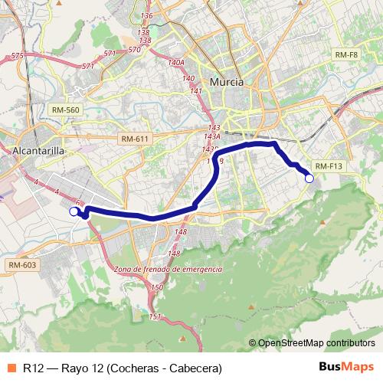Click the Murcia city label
pyautogui.click(x=226, y=81)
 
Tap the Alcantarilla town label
pyautogui.click(x=38, y=152)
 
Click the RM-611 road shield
pyautogui.click(x=136, y=139)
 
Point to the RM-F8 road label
pyautogui.click(x=346, y=55)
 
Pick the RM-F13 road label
pyautogui.click(x=329, y=166)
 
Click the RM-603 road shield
pyautogui.click(x=21, y=264)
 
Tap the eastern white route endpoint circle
pyautogui.click(x=309, y=178)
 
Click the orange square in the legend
pyautogui.click(x=10, y=368)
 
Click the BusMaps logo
pyautogui.click(x=347, y=367)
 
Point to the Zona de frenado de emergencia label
pyautogui.click(x=167, y=270)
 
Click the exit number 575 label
pyautogui.click(x=18, y=56)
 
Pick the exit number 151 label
pyautogui.click(x=155, y=316)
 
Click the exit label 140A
pyautogui.click(x=176, y=62)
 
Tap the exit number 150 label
pyautogui.click(x=157, y=287)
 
